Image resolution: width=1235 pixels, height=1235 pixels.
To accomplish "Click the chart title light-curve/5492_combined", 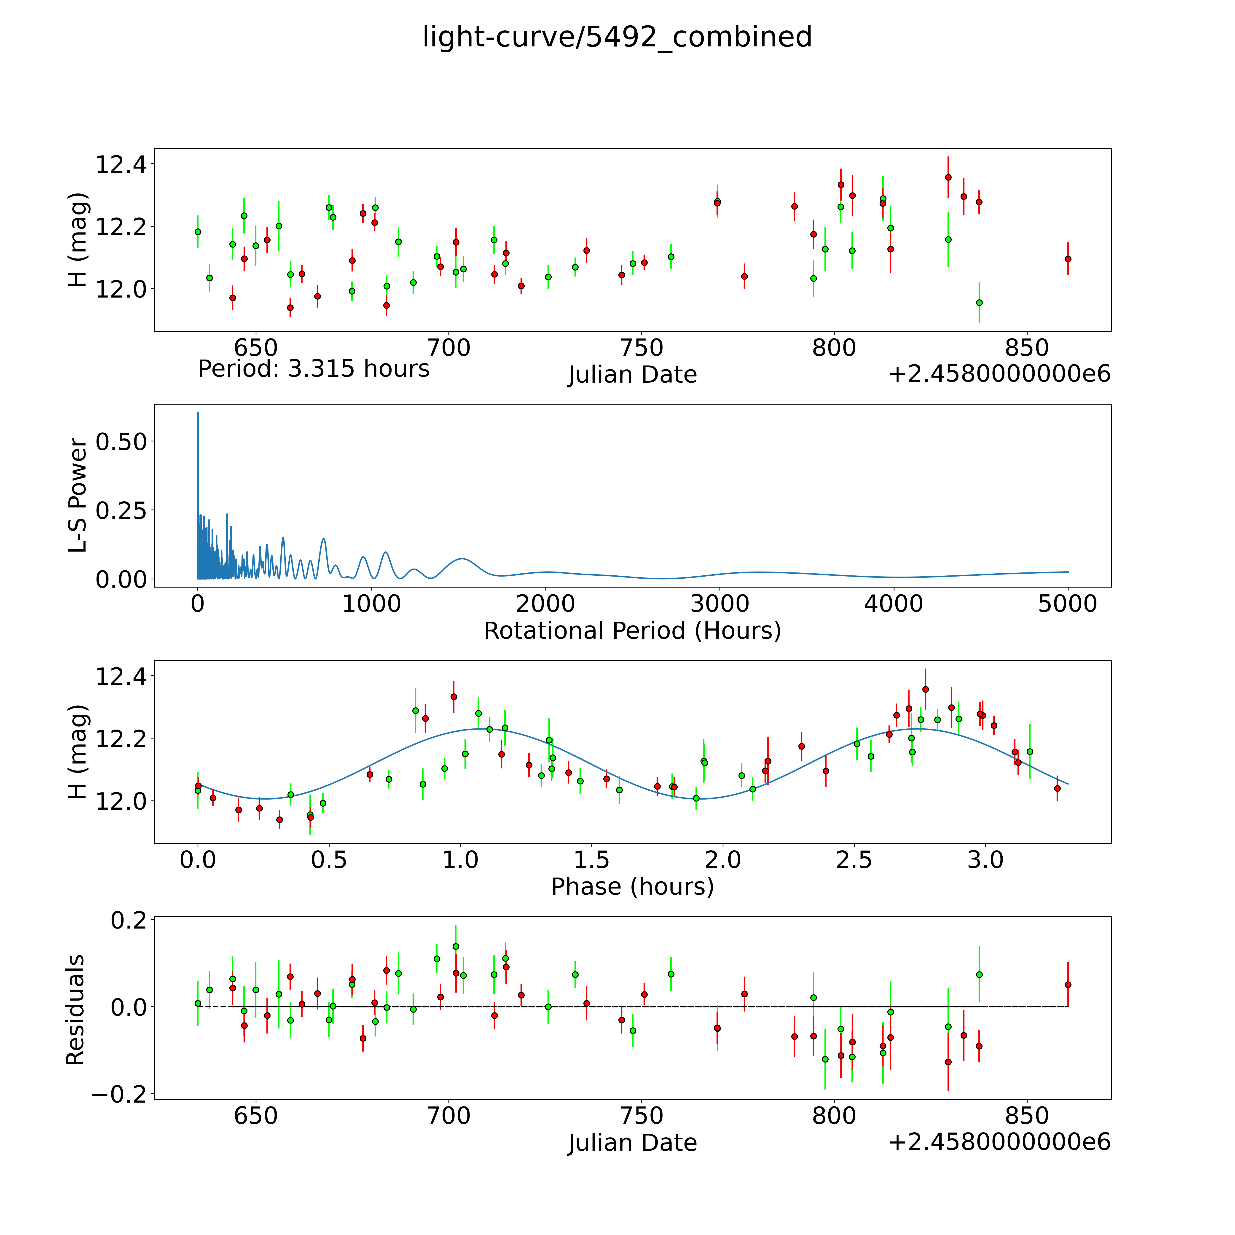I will coord(617,37).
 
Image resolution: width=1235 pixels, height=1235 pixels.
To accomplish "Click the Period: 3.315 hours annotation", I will coord(313,369).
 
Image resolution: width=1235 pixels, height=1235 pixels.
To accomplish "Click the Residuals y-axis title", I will coord(75,1009).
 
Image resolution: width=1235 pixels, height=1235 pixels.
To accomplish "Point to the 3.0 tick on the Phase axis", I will coord(985,860).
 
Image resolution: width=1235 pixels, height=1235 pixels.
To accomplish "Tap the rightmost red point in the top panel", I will coord(1068,259).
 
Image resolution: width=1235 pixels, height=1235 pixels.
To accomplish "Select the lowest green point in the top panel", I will coord(979,302).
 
